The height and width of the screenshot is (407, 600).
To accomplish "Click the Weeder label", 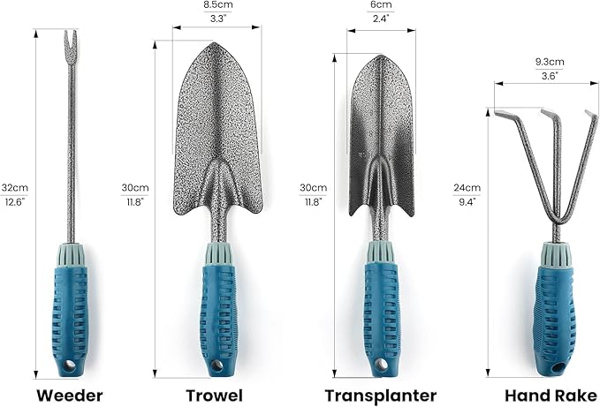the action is point(70,396).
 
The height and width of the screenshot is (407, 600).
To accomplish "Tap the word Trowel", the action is point(214,396).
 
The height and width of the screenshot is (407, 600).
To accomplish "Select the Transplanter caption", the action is point(381,396).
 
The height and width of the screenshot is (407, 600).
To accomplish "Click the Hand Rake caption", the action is point(551,396).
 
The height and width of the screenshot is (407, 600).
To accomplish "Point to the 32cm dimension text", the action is point(14,188).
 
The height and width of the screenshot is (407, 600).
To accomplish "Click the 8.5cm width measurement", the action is point(217,5).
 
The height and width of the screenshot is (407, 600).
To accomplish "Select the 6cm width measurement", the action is point(381,4).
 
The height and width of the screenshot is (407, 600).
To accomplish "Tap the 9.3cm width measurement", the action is point(550,62).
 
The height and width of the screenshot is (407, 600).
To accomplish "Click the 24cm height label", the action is point(467,188).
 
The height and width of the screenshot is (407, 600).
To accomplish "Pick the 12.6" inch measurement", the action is point(14,201).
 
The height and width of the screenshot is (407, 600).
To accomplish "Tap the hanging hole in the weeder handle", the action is point(69,365).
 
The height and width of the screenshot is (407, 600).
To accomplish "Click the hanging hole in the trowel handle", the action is point(216,365).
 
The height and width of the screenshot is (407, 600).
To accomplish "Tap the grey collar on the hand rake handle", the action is point(556,254).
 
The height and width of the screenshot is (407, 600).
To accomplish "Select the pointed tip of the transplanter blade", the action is point(380,57).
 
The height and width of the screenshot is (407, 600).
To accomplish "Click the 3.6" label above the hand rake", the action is point(549,76).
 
